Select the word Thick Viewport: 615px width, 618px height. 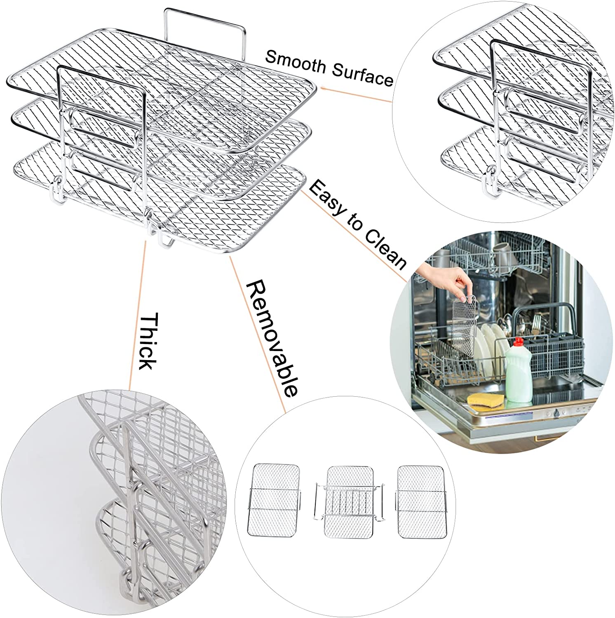147,342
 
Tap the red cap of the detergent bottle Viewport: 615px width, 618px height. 517,342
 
